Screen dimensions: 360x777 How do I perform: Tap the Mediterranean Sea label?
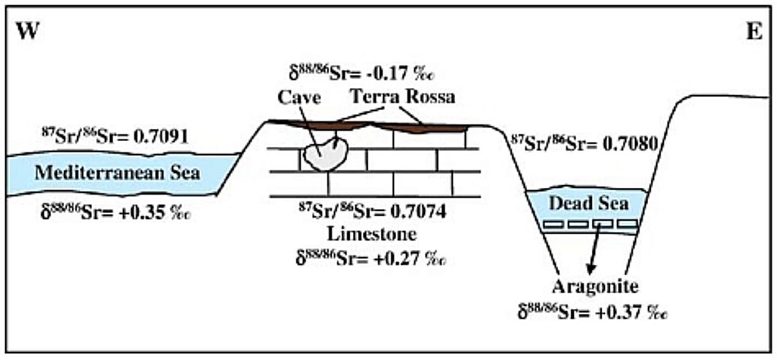[x=117, y=174]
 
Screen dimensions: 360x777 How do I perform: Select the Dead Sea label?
[x=589, y=203]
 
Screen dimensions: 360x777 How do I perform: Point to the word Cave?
[x=300, y=98]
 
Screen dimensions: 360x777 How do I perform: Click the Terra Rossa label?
[x=403, y=98]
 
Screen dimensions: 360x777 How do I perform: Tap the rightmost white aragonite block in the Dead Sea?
[x=627, y=225]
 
